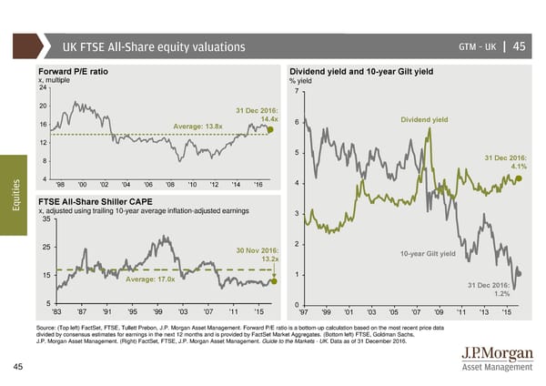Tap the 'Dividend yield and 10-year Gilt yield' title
tap(360, 70)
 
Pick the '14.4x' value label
tap(268, 119)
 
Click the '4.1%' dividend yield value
tap(519, 167)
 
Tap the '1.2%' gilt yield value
tap(500, 294)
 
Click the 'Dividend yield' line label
tap(425, 119)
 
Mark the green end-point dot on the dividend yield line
tap(520, 179)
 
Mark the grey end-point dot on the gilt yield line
tap(519, 272)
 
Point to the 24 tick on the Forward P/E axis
tap(42, 87)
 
